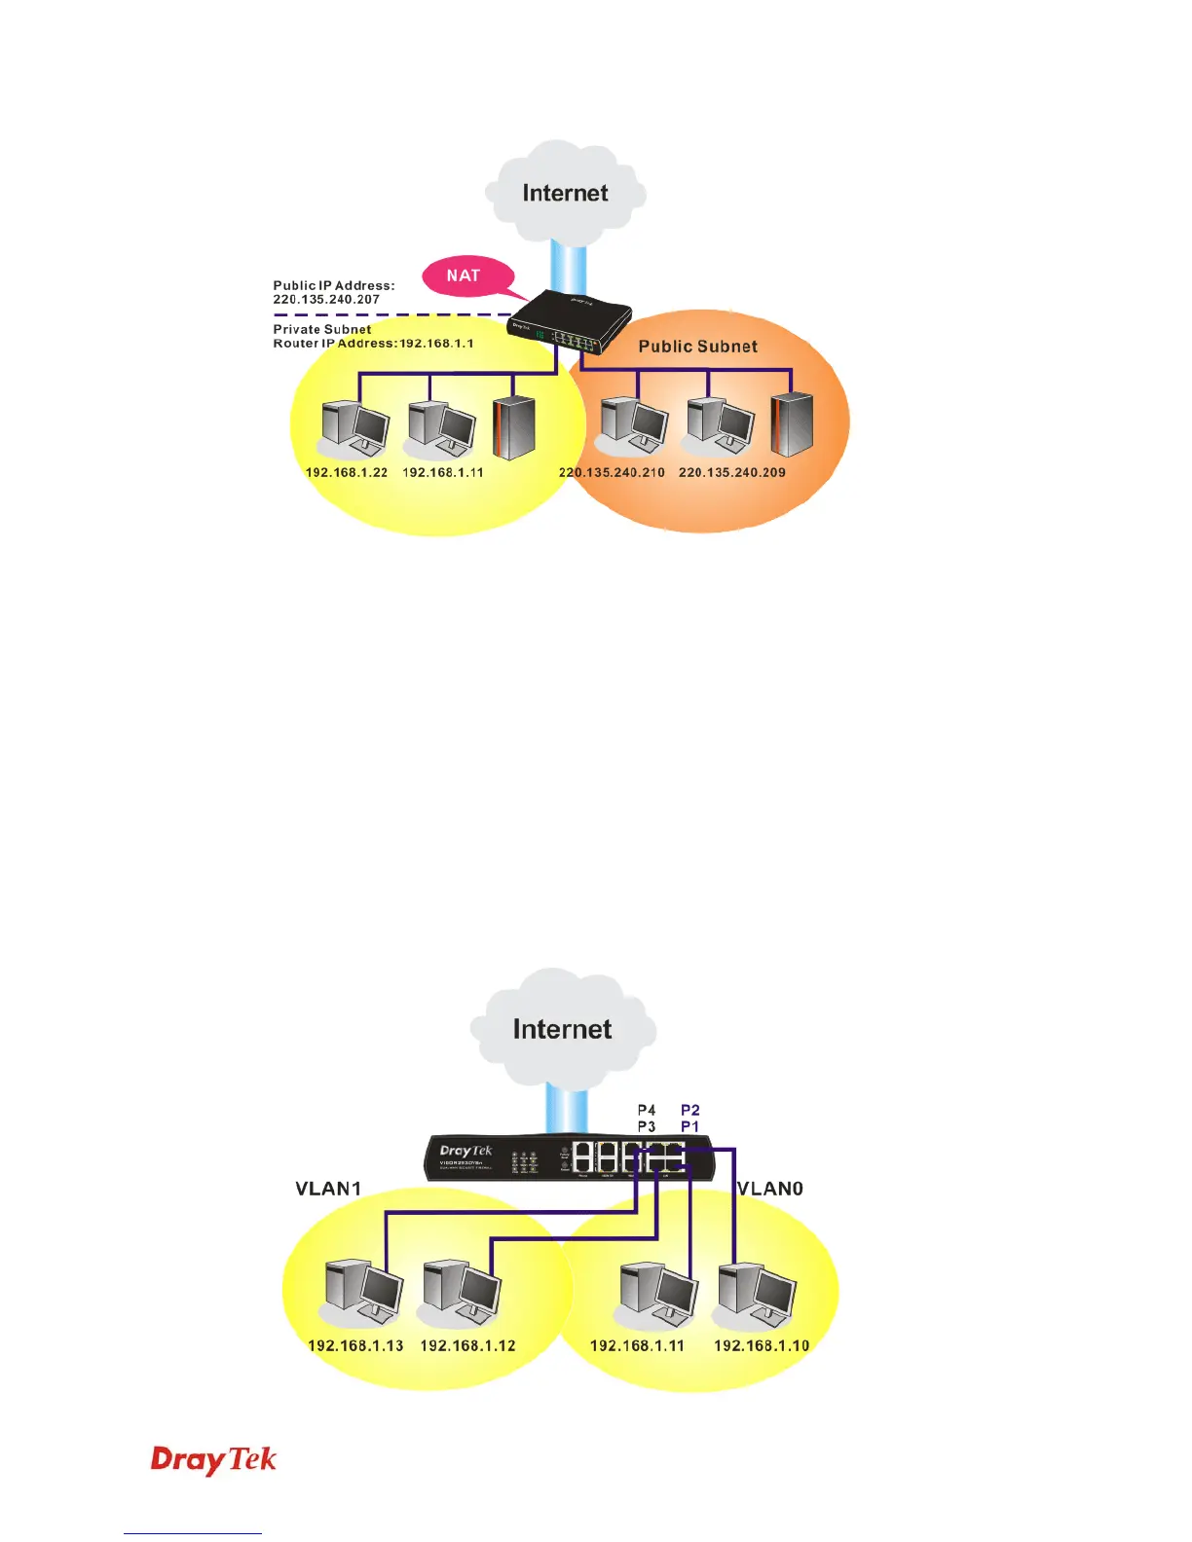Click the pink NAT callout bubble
tap(465, 275)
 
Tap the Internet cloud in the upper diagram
tap(565, 192)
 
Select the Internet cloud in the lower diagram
tap(562, 1028)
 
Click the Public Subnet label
tap(697, 347)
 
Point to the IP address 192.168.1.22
tap(347, 472)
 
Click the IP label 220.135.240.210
tap(612, 472)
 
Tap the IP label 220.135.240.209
tap(732, 472)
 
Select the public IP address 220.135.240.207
tap(326, 300)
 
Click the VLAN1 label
tap(328, 1189)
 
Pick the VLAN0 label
tap(770, 1189)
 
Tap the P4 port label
tap(647, 1110)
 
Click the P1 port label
tap(689, 1126)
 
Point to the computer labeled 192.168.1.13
tap(362, 1293)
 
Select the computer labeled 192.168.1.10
tap(757, 1293)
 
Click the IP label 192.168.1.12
tap(467, 1345)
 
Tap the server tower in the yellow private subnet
tap(513, 427)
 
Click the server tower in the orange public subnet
tap(792, 424)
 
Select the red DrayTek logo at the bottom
tap(214, 1460)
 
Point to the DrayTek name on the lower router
tap(466, 1151)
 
